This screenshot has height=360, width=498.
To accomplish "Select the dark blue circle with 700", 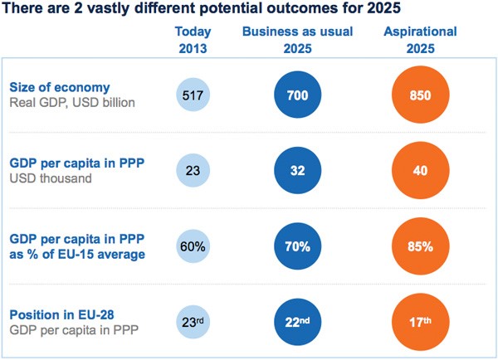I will (x=298, y=95).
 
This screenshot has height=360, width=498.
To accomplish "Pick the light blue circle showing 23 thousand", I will (x=193, y=170).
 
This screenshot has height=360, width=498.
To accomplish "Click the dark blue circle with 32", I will (x=298, y=170).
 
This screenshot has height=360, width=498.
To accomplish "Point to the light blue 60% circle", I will (x=193, y=246).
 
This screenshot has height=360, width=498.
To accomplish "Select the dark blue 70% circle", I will (x=298, y=246).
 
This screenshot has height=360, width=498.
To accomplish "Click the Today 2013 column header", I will (x=193, y=39).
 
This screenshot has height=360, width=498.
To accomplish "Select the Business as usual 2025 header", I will (x=297, y=39).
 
